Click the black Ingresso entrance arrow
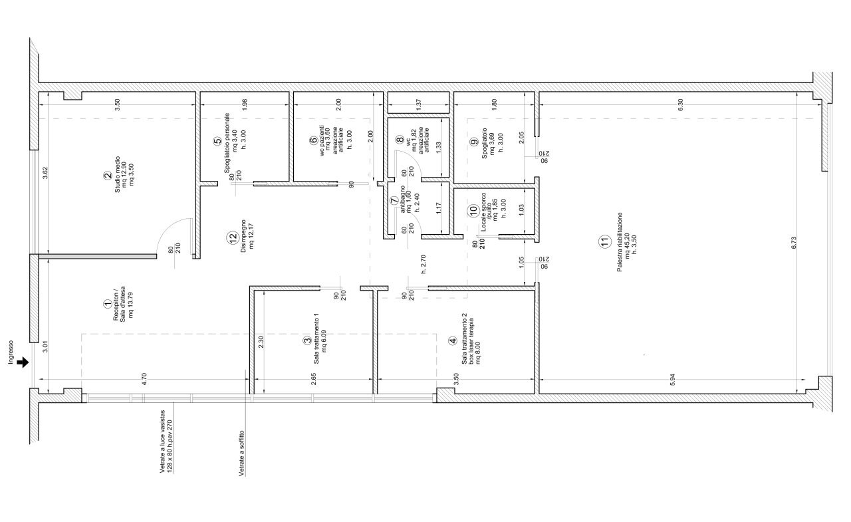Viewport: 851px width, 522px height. point(25,362)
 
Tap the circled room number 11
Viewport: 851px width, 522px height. point(604,243)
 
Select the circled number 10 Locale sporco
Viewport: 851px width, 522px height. point(473,210)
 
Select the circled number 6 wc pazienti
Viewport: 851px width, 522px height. point(313,140)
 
